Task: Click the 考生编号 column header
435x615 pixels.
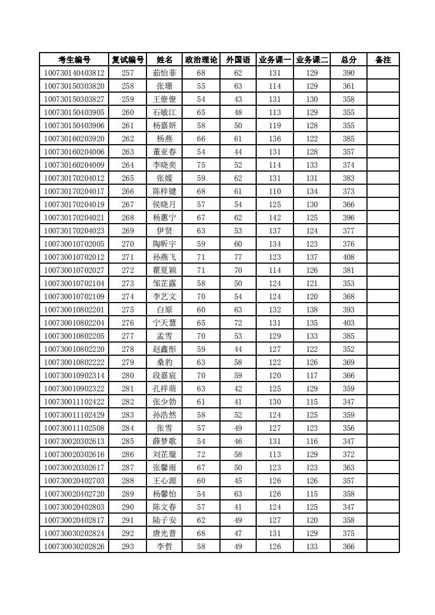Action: tap(74, 60)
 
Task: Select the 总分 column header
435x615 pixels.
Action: tap(348, 60)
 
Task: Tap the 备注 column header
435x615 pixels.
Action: tap(383, 60)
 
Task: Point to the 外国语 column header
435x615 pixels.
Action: tap(238, 60)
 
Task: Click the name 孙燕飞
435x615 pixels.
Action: tap(165, 257)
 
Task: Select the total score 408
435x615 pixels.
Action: tap(348, 257)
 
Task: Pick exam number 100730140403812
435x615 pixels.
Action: tap(74, 73)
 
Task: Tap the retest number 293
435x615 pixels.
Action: tap(128, 546)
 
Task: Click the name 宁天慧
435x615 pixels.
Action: tap(165, 323)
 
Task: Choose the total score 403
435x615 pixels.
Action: tap(348, 323)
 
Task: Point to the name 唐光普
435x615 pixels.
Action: tap(165, 533)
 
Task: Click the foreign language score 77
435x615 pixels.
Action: tap(238, 257)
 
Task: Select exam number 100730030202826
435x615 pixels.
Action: tap(74, 546)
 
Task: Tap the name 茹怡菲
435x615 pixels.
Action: tap(165, 73)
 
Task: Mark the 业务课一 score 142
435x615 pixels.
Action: tap(275, 218)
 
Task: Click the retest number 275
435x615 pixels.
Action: tap(128, 310)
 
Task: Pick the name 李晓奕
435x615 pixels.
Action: tap(165, 165)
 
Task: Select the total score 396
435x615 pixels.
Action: tap(348, 218)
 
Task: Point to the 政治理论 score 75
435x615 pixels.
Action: tap(201, 165)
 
